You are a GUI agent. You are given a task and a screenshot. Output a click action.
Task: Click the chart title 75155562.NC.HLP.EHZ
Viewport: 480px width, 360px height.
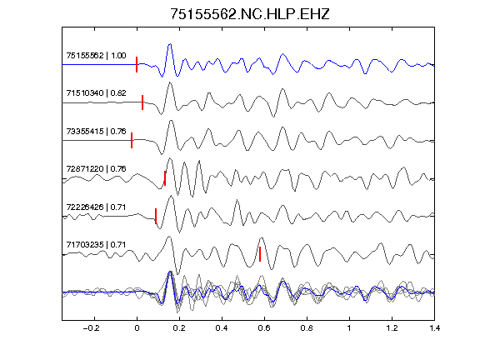(x=249, y=14)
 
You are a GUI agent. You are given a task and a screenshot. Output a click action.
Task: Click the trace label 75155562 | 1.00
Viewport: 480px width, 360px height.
(x=96, y=55)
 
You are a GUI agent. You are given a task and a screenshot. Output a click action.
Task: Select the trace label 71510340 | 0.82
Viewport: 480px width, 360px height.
(x=96, y=93)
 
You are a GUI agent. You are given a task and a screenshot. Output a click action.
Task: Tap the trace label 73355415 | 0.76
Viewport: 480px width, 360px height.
(x=96, y=132)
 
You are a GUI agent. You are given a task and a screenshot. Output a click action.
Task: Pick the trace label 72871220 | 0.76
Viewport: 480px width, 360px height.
(x=96, y=169)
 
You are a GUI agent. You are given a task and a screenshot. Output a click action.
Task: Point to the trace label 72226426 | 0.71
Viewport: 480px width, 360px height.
(x=96, y=207)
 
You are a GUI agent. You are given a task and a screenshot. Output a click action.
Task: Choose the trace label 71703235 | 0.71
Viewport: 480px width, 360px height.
(x=96, y=245)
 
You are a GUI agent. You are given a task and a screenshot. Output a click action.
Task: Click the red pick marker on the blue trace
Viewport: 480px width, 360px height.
(x=137, y=65)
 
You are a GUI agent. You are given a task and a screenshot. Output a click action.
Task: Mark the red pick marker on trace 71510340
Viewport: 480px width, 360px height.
(x=142, y=102)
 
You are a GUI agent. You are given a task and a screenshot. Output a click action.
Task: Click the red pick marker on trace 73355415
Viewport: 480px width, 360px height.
(x=132, y=140)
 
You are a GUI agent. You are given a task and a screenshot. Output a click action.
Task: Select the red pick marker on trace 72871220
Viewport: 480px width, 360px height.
(x=165, y=178)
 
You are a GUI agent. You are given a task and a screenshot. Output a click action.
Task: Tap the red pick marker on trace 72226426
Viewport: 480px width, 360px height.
(x=156, y=216)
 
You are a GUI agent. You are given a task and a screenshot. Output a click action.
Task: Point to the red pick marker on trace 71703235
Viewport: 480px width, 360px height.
(x=260, y=254)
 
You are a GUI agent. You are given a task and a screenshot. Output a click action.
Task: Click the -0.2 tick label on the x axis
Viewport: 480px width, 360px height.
(x=91, y=328)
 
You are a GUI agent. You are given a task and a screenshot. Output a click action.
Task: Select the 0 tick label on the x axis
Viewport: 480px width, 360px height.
(x=137, y=328)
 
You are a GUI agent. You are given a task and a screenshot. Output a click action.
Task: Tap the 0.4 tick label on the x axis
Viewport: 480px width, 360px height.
(x=222, y=328)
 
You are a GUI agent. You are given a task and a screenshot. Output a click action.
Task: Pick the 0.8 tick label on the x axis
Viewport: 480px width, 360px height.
(x=307, y=328)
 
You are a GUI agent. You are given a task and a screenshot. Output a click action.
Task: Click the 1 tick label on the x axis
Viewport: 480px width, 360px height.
(x=349, y=328)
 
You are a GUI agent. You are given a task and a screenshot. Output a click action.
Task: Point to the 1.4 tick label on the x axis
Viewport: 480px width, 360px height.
(x=434, y=328)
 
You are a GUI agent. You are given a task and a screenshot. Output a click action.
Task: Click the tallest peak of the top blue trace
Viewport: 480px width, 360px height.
(x=170, y=44)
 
